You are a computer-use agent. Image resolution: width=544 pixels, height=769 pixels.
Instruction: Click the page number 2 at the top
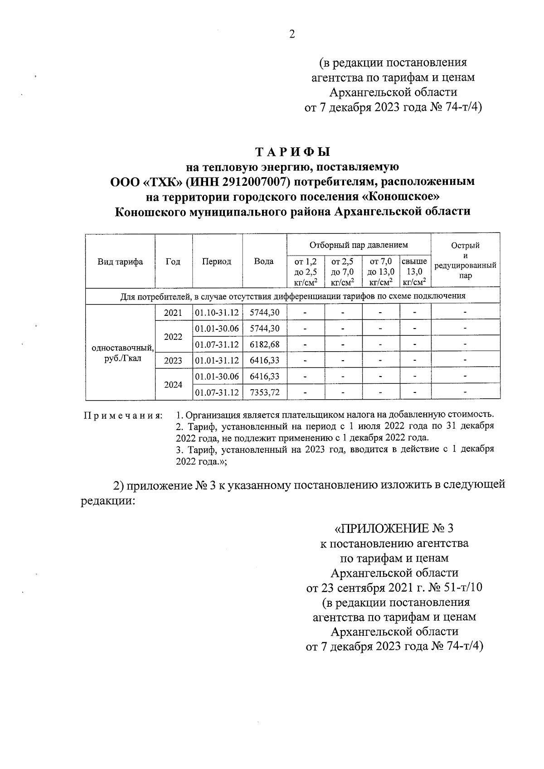(x=292, y=34)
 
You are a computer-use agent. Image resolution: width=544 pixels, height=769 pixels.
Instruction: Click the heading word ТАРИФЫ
(x=292, y=151)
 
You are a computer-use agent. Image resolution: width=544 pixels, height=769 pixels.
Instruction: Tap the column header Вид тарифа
(x=120, y=261)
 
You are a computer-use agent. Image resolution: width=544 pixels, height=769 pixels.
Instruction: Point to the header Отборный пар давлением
(x=358, y=245)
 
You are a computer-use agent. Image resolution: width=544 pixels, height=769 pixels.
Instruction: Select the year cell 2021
(x=173, y=313)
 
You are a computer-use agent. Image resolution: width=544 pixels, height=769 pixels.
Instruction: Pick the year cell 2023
(x=173, y=361)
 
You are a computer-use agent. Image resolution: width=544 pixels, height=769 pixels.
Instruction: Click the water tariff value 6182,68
(x=265, y=344)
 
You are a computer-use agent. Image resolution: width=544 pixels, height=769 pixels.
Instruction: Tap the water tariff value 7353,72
(x=265, y=392)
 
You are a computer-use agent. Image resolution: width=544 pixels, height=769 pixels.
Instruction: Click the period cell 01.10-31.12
(x=217, y=313)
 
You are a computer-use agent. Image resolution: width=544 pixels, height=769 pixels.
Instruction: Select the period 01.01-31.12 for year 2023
(x=217, y=361)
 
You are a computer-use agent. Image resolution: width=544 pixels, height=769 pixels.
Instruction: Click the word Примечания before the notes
(x=123, y=416)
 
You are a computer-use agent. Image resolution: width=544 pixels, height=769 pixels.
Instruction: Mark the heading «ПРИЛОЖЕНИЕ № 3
(x=393, y=528)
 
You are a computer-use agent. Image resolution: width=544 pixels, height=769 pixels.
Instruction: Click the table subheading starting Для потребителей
(x=292, y=296)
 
